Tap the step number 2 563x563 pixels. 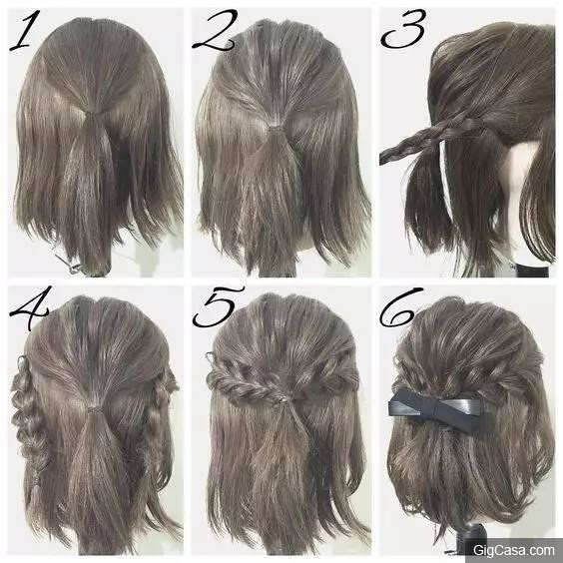(215, 30)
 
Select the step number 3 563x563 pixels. (403, 28)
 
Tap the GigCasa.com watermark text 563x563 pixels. (513, 550)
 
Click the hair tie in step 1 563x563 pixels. (93, 114)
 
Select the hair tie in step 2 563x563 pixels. (277, 127)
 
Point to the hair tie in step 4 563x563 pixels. (94, 410)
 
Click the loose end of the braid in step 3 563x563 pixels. (382, 158)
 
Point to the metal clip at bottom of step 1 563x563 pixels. (68, 264)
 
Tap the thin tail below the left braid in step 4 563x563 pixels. (35, 492)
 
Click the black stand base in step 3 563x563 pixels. (531, 270)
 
